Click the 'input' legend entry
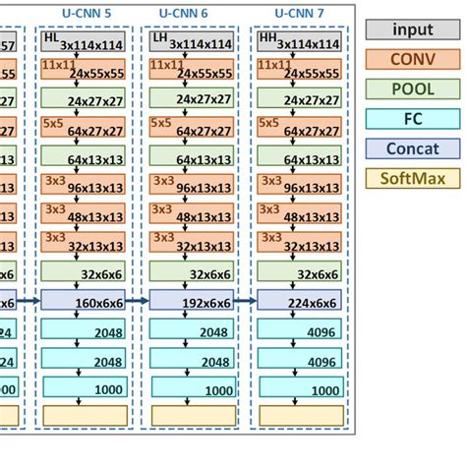412,29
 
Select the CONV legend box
412,59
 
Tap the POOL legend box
412,88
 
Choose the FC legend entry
412,118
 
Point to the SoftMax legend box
412,178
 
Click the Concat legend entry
412,148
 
